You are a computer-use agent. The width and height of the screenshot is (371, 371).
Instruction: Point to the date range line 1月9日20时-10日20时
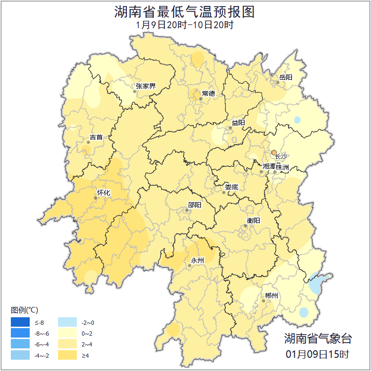[184, 25]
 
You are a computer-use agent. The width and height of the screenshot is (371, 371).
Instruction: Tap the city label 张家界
[145, 86]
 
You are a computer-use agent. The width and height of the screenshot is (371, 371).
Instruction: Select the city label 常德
[208, 93]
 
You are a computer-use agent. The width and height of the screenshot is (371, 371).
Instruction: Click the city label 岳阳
[286, 77]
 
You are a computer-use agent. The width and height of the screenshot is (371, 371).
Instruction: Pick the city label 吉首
[96, 138]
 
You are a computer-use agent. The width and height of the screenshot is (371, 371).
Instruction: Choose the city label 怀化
[103, 193]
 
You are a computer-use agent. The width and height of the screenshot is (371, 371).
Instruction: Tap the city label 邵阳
[194, 205]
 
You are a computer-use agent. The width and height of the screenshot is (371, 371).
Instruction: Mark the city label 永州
[197, 261]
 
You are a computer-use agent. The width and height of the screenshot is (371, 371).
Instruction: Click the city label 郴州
[272, 296]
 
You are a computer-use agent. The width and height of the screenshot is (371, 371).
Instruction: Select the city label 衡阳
[253, 221]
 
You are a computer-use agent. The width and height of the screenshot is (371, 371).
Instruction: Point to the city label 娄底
[231, 187]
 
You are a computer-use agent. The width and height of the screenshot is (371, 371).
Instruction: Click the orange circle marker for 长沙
[274, 152]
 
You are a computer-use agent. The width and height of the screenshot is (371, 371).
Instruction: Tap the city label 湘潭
[269, 167]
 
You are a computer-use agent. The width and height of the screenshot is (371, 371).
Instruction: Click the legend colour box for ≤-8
[21, 322]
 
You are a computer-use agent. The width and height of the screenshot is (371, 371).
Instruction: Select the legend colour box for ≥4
[67, 355]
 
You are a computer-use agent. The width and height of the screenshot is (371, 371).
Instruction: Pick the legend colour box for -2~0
[67, 322]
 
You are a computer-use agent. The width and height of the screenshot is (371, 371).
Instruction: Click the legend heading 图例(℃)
[25, 310]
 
